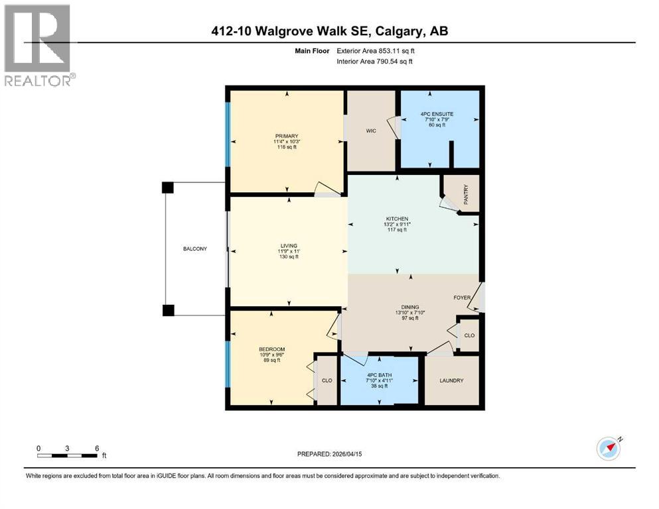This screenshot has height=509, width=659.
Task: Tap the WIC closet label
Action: pos(371,131)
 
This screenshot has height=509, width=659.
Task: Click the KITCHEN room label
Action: pos(398,219)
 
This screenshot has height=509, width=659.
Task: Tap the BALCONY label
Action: pos(195,249)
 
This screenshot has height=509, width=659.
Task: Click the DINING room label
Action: pos(409,307)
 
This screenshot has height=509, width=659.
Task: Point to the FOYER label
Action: pos(462,298)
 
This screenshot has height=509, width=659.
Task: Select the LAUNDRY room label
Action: pos(451,380)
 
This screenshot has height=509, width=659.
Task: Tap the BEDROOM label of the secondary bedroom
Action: pos(271,349)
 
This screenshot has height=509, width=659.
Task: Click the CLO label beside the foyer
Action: pos(469,336)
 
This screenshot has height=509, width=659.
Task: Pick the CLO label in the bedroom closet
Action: pos(327,380)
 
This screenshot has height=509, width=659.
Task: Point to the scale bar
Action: pos(68,455)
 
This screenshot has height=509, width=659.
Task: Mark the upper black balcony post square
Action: pos(168,188)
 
